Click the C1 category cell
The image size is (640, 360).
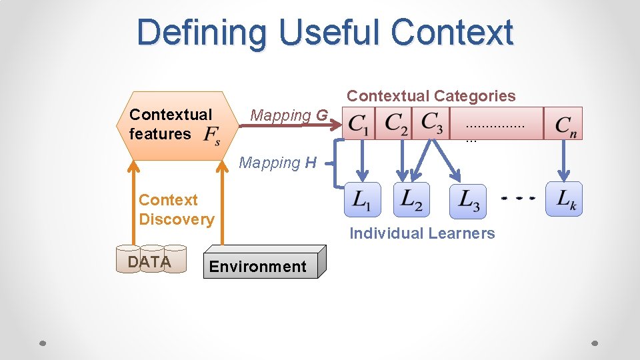(x=359, y=124)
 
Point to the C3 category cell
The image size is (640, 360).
(x=432, y=124)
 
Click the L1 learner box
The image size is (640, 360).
(x=362, y=199)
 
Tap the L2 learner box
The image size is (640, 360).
(x=411, y=199)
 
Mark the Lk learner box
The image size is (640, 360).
(x=564, y=199)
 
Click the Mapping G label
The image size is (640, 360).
(x=289, y=115)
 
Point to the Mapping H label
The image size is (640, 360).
(x=277, y=163)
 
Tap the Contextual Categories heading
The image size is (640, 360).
(x=431, y=96)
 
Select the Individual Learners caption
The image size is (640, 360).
(x=422, y=233)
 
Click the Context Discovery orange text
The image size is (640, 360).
(x=176, y=209)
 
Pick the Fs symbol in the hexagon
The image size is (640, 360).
(x=212, y=135)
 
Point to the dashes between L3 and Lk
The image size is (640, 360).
(x=518, y=199)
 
